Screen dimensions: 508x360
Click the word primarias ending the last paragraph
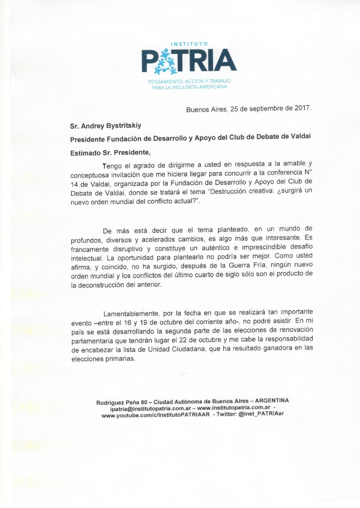120,359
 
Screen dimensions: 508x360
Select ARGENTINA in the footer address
272,401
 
